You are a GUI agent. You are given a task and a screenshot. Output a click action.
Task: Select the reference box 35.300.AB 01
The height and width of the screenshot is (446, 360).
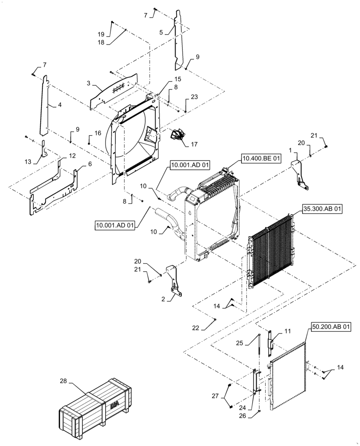click(x=323, y=208)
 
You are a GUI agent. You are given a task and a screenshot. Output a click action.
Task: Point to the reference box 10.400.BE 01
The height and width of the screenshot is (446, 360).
click(x=262, y=158)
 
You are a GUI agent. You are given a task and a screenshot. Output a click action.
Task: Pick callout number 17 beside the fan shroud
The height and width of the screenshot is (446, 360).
click(x=194, y=145)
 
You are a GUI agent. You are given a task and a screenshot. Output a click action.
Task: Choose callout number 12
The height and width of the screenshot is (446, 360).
click(x=72, y=156)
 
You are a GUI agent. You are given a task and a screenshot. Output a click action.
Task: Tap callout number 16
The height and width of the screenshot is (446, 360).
click(x=98, y=133)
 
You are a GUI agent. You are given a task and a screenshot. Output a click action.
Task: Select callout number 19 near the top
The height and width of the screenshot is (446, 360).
click(x=101, y=34)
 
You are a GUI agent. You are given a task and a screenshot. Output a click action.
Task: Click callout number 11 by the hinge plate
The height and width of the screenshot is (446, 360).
click(x=287, y=331)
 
